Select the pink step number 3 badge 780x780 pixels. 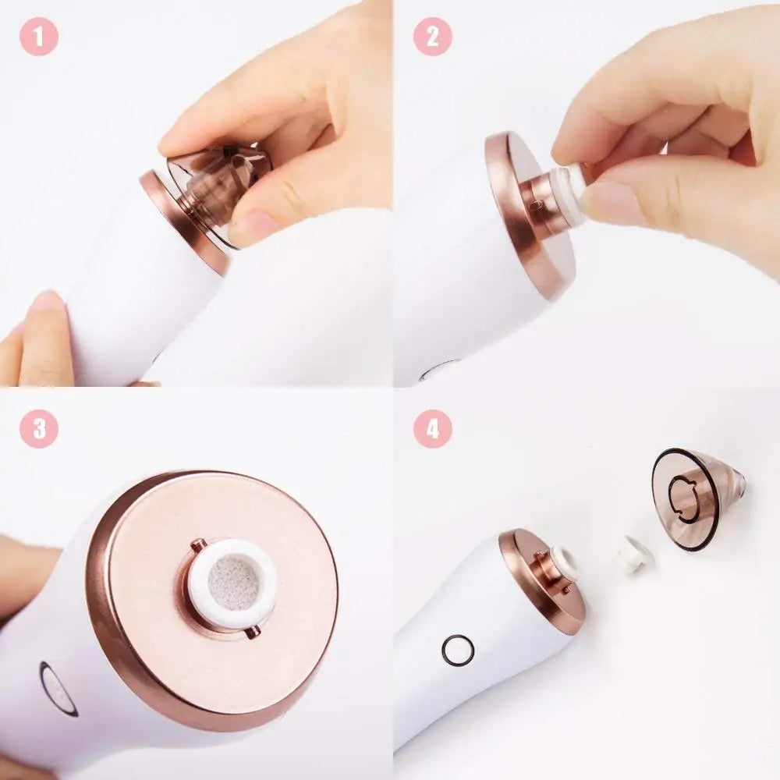point(39,427)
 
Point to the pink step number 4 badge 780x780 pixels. point(432,427)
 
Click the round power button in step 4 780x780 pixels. point(458,649)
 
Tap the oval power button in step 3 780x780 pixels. point(57,689)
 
